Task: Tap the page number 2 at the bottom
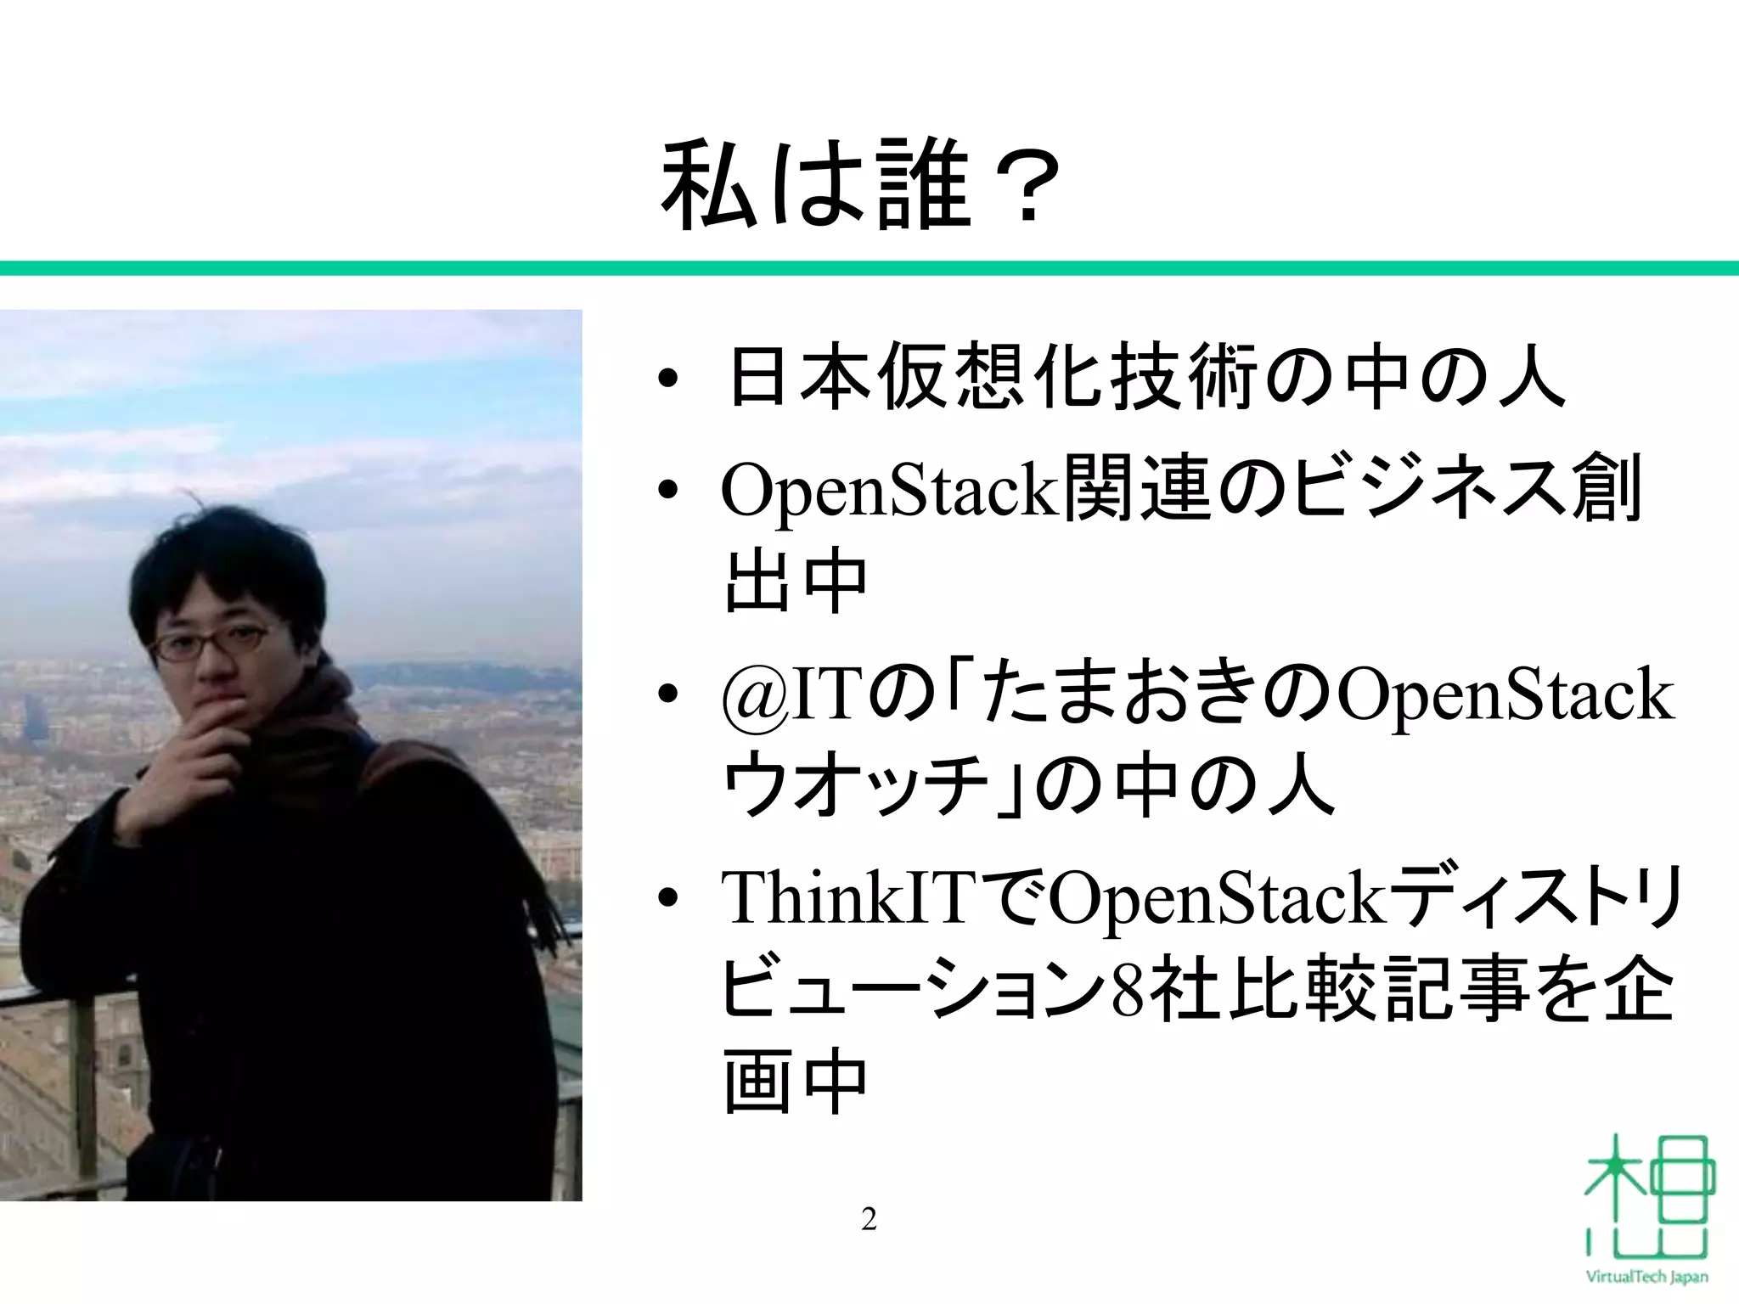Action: click(x=869, y=1219)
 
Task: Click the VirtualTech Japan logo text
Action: click(x=1646, y=1276)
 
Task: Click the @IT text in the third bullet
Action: click(x=786, y=694)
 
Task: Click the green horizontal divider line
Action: click(x=869, y=268)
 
